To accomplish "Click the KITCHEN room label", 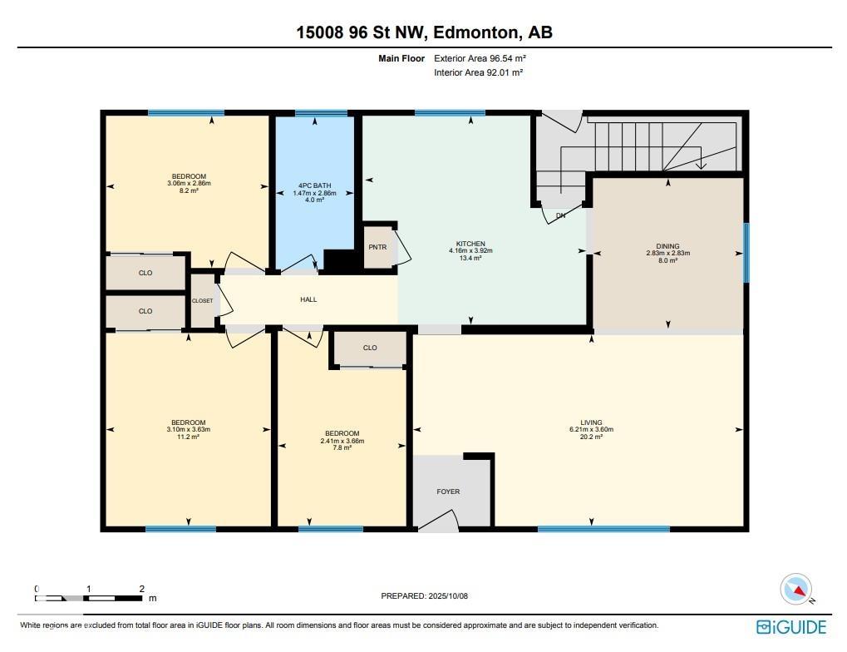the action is (x=470, y=244).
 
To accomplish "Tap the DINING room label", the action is (x=668, y=246).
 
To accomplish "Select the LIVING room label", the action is (x=592, y=422).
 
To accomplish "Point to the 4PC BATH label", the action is (x=314, y=185).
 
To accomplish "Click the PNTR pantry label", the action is (x=377, y=247).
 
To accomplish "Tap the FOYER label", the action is (x=448, y=491).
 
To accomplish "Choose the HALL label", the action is (x=308, y=299).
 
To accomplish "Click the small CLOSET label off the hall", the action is (x=203, y=300).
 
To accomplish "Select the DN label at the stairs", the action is (x=561, y=215).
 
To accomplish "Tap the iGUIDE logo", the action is (x=791, y=627).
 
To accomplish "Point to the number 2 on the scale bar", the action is (x=141, y=589).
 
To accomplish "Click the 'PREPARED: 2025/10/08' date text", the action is (x=425, y=595).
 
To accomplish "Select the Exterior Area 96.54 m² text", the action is (x=480, y=58).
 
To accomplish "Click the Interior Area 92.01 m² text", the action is (x=479, y=72).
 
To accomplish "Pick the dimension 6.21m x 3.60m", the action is (x=592, y=430).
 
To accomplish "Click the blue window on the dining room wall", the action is (x=746, y=253).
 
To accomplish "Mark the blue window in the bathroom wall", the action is (x=321, y=113).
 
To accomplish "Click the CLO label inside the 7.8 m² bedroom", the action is (x=370, y=348).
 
